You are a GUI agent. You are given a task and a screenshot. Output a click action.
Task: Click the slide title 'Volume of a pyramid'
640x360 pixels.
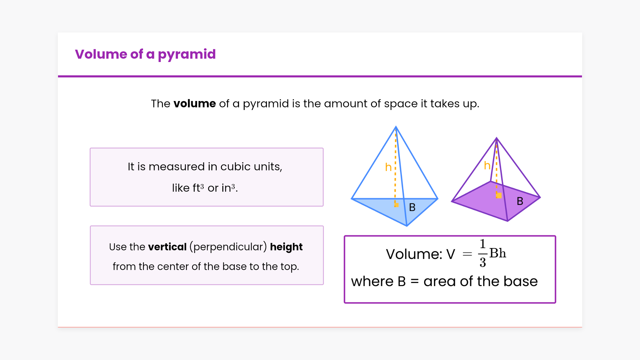click(145, 54)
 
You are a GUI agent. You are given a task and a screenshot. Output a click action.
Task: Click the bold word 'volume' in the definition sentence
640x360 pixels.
click(195, 104)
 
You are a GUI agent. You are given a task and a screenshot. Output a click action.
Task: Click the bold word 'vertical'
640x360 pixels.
click(167, 247)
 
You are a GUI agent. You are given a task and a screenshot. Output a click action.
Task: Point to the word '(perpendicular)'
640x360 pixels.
click(228, 247)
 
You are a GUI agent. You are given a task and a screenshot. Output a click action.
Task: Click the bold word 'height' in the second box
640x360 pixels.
click(286, 247)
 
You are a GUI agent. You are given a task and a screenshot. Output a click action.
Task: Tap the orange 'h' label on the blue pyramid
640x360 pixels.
click(388, 167)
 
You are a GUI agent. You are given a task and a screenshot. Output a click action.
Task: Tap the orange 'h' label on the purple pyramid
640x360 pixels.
click(487, 165)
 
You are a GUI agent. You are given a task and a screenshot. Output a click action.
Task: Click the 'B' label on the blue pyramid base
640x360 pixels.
click(412, 207)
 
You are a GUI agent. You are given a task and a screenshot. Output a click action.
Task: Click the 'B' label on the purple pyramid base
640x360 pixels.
click(520, 201)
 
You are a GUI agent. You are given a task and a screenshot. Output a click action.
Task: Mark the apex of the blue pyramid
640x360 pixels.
click(396, 127)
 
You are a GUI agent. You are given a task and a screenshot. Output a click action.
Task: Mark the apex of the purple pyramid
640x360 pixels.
click(497, 138)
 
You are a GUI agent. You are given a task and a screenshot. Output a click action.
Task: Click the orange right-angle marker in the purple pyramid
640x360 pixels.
click(499, 195)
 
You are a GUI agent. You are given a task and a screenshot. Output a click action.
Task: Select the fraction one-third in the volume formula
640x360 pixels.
click(482, 253)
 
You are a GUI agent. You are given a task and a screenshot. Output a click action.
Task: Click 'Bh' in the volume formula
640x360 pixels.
click(498, 253)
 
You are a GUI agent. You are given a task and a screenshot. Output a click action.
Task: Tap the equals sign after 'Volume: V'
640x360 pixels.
click(467, 254)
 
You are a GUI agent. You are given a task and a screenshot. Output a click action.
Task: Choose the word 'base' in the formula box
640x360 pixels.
click(521, 282)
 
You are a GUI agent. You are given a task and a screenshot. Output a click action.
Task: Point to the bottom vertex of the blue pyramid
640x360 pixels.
click(407, 226)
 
